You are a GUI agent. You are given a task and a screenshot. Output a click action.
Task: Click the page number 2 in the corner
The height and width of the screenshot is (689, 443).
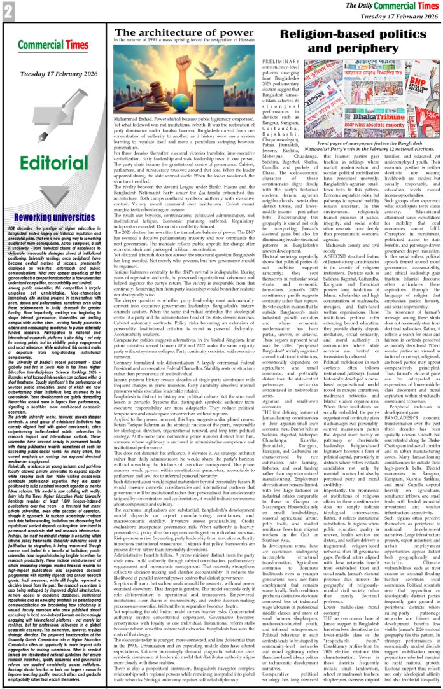coord(8,10)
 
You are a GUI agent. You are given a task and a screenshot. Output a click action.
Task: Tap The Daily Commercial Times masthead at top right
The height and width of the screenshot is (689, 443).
coord(388,6)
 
